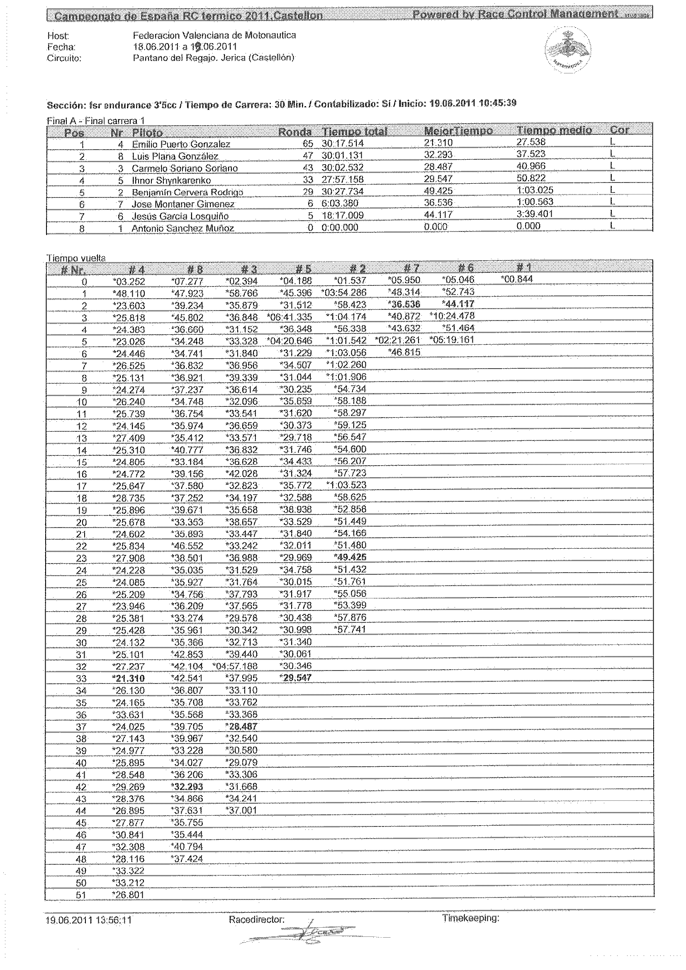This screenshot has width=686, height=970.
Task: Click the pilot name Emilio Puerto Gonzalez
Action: point(181,144)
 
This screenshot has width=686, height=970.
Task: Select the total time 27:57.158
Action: point(342,180)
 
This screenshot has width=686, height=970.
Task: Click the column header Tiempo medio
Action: point(554,131)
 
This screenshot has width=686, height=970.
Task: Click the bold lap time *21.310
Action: point(129,678)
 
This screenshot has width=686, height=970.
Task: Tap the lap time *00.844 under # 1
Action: point(517,279)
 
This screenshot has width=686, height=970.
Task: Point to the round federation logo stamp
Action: point(568,49)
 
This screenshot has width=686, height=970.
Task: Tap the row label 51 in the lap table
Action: point(81,895)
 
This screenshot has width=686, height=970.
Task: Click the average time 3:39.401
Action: point(534,214)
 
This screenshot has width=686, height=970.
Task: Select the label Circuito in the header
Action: point(64,59)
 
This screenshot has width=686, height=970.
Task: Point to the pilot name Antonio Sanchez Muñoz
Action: point(182,229)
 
